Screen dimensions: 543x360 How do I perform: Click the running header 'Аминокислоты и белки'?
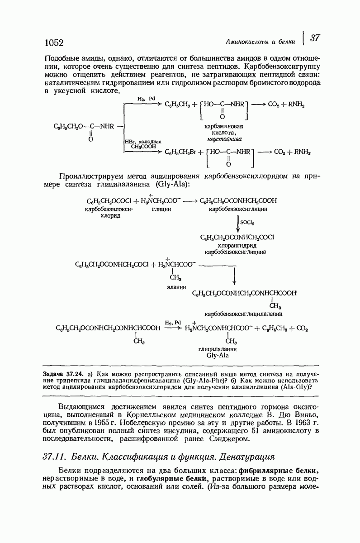click(264, 42)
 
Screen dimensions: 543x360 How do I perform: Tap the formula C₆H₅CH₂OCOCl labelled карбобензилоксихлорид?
click(109, 200)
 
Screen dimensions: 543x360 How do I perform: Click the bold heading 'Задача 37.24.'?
click(60, 374)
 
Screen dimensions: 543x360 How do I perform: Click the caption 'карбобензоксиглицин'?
click(238, 210)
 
